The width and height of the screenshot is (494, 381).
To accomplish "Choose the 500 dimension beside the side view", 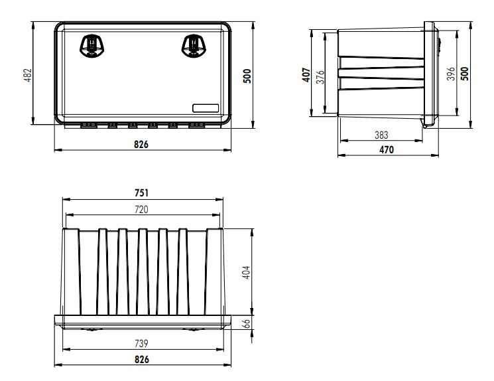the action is tap(464, 73).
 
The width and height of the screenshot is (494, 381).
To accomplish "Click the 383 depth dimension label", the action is tap(381, 135).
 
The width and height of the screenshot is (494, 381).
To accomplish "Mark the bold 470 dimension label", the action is tap(386, 150).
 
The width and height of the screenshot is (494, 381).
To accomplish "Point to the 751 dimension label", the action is tap(141, 193).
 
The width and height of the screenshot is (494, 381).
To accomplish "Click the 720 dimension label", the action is tap(141, 209).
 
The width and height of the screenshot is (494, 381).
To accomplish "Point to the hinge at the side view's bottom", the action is tap(425, 123).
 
